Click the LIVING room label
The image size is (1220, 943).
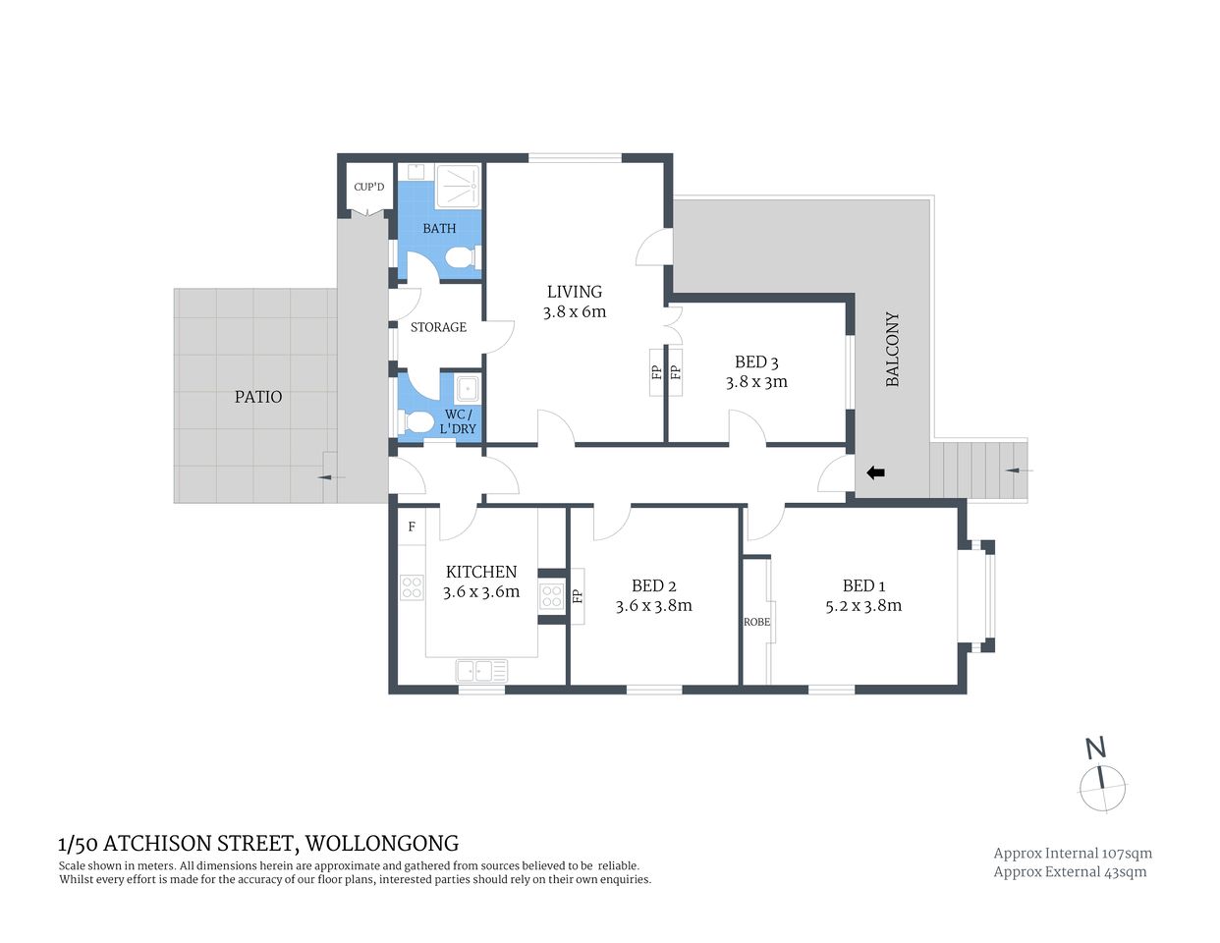574,292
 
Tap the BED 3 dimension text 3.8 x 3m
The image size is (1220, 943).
756,382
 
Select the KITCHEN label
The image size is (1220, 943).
480,572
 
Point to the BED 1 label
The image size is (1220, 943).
863,585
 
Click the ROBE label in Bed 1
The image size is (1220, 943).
756,622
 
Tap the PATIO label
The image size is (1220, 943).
257,397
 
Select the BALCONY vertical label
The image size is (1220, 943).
892,349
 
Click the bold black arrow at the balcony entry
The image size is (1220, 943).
875,472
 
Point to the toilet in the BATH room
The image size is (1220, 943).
461,258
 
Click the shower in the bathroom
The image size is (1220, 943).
458,186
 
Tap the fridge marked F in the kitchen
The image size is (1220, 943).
412,527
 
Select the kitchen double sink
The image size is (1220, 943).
480,672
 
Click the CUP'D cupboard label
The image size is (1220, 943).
368,187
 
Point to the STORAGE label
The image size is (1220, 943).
438,327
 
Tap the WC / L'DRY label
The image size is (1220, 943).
458,421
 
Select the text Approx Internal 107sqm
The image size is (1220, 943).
1073,854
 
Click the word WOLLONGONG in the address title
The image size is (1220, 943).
382,843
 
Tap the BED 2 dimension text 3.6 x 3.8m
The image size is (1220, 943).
653,606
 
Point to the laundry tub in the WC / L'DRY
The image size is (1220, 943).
469,389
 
